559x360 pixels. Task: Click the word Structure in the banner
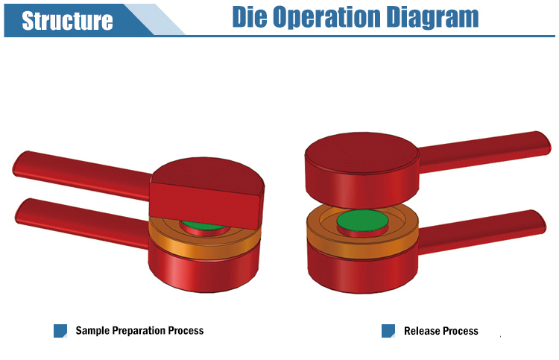pos(67,21)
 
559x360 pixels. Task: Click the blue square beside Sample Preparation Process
pos(60,330)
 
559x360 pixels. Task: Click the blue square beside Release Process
pos(388,330)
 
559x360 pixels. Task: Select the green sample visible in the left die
pos(202,226)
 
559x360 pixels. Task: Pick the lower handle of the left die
pos(83,222)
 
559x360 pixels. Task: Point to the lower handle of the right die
pos(481,231)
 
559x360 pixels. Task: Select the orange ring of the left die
pos(204,237)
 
